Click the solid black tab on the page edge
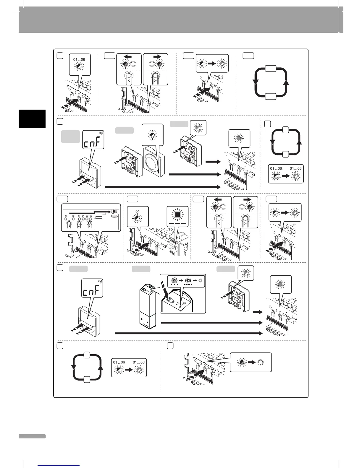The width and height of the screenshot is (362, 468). point(32,119)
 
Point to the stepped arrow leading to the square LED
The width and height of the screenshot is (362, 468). point(89,212)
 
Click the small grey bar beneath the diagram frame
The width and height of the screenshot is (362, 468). point(32,436)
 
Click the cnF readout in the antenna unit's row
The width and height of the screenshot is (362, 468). point(92,292)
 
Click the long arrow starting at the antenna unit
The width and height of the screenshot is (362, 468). point(211,323)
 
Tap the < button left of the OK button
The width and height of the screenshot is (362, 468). point(69,225)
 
